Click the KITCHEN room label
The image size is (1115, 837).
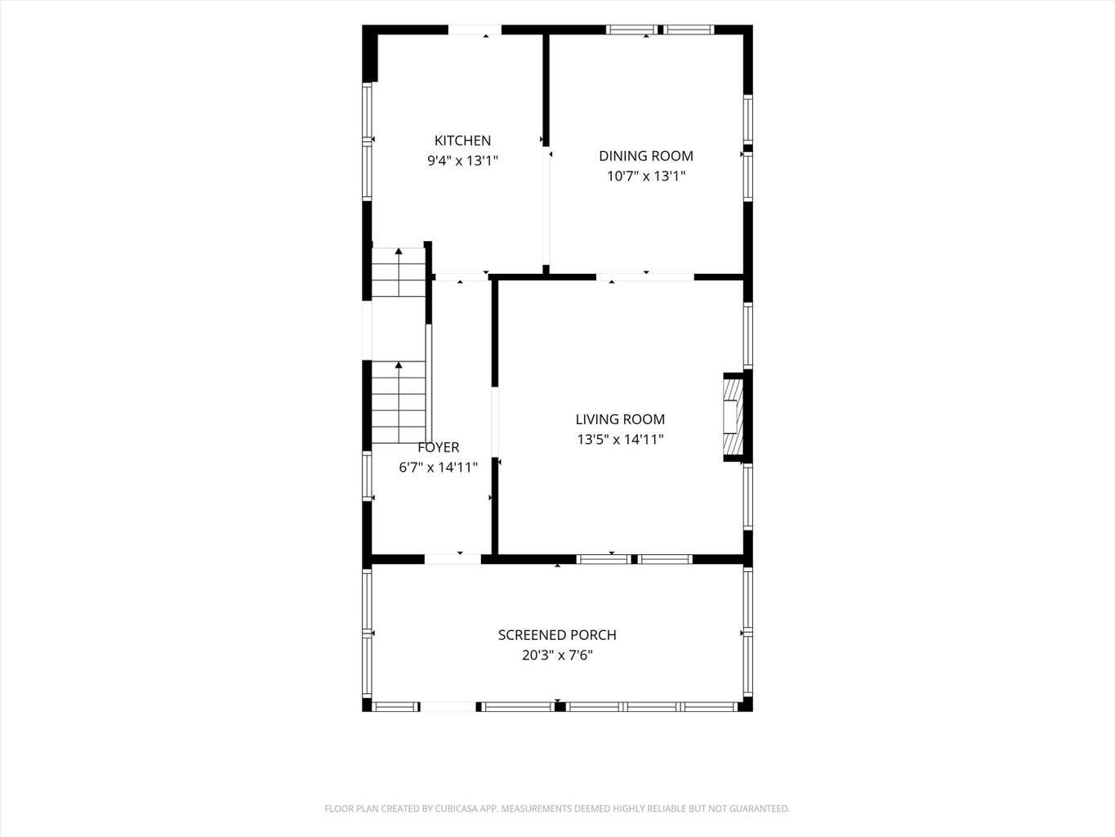pyautogui.click(x=462, y=141)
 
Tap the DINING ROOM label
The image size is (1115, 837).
pyautogui.click(x=645, y=155)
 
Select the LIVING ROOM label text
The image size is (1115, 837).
pyautogui.click(x=620, y=419)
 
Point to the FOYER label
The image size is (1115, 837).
pyautogui.click(x=439, y=447)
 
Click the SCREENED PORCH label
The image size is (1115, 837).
pyautogui.click(x=557, y=635)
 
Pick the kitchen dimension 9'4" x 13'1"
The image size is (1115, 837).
pyautogui.click(x=462, y=160)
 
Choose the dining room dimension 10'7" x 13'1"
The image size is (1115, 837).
pyautogui.click(x=646, y=176)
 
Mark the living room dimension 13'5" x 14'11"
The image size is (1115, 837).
pyautogui.click(x=620, y=439)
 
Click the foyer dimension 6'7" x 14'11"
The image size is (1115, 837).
pyautogui.click(x=438, y=467)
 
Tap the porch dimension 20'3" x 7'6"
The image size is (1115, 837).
pyautogui.click(x=557, y=655)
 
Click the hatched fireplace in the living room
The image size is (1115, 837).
pyautogui.click(x=734, y=417)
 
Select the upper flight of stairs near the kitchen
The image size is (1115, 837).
pyautogui.click(x=399, y=272)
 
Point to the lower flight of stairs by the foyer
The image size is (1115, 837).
pyautogui.click(x=399, y=402)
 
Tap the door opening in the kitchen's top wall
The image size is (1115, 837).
pyautogui.click(x=475, y=30)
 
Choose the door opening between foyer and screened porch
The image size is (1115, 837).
pyautogui.click(x=453, y=560)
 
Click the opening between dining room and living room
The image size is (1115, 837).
pyautogui.click(x=645, y=277)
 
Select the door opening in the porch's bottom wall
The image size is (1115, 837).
pyautogui.click(x=448, y=706)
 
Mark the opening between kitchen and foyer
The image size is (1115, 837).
pyautogui.click(x=462, y=277)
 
